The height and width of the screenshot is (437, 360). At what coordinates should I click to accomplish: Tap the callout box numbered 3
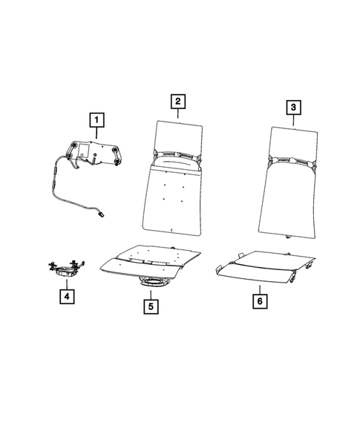295,108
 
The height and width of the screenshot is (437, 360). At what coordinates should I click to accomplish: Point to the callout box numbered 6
260,302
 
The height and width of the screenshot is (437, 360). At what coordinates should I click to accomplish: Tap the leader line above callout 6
260,289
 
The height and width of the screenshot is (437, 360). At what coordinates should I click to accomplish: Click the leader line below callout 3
295,121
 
